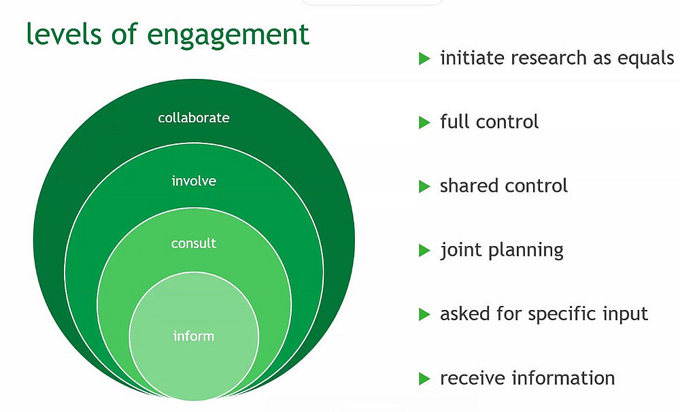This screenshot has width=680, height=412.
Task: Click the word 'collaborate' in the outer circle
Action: (194, 118)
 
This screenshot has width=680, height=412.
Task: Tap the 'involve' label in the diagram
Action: (194, 181)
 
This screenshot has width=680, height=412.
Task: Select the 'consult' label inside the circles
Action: (194, 243)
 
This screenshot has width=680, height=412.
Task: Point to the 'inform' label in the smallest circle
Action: (194, 336)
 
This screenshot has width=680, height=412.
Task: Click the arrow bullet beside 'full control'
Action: (425, 122)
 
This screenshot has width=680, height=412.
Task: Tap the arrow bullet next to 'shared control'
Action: (425, 186)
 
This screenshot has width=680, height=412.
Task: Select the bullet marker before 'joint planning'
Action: (425, 250)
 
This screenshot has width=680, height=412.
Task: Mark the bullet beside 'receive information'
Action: (425, 378)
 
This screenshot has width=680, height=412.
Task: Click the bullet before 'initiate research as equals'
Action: (425, 58)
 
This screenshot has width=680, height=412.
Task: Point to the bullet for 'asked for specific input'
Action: (425, 314)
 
